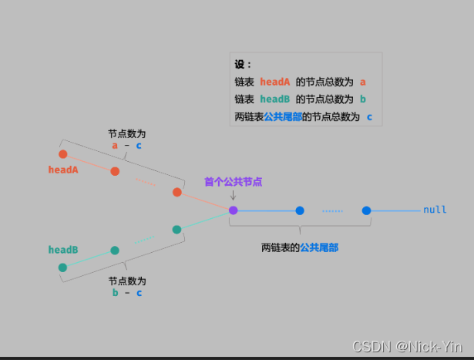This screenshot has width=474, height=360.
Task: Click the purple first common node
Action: (233, 210)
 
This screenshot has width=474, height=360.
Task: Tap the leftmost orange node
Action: (63, 154)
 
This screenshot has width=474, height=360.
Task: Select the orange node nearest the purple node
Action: (176, 192)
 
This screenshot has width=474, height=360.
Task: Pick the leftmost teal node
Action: (63, 267)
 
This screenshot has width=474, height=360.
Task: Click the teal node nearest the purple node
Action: (176, 229)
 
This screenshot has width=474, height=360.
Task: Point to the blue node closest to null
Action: (366, 210)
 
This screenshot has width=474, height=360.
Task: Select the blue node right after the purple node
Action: (299, 210)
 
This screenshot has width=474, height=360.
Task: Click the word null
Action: (435, 210)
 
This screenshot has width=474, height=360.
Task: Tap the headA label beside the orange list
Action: (63, 170)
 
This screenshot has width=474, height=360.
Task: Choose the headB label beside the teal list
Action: (63, 250)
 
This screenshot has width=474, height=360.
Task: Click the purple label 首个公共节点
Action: (233, 182)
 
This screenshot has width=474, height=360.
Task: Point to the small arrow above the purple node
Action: (233, 196)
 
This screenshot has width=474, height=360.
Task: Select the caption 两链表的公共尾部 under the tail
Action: (300, 247)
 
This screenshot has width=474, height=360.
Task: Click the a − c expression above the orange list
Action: (126, 145)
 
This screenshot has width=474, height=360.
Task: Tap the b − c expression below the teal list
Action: (126, 292)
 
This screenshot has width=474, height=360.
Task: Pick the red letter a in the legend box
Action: (362, 82)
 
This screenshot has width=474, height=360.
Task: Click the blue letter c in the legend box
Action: (369, 117)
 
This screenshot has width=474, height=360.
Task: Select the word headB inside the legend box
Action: (275, 99)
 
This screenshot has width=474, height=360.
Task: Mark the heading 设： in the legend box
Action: (244, 65)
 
